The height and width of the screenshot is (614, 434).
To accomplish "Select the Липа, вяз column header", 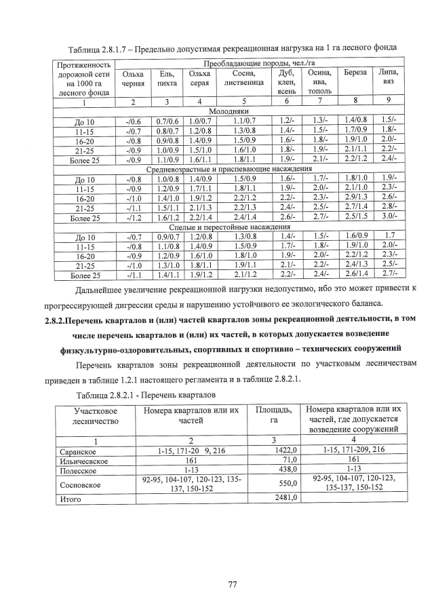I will coord(389,77).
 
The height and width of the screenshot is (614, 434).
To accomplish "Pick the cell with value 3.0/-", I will coord(389,218).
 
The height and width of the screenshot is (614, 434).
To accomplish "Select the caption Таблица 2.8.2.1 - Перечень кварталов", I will coord(146,396).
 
